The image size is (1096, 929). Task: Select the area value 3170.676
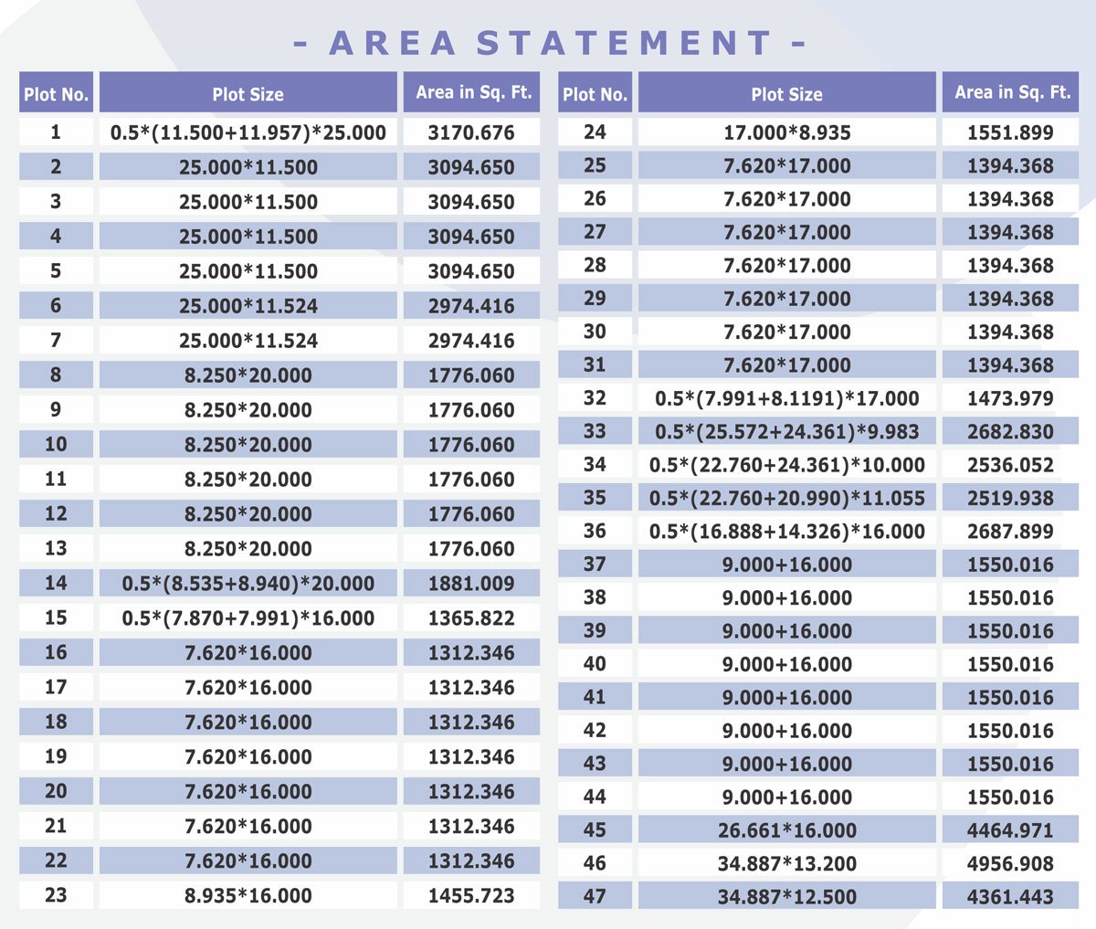(471, 132)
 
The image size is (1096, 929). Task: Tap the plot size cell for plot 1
(248, 132)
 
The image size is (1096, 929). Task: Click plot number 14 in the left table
(56, 583)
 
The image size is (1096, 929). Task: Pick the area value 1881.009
(471, 584)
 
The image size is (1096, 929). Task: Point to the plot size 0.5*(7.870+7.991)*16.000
(248, 618)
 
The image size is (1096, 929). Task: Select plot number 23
(56, 895)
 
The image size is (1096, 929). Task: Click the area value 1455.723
(471, 896)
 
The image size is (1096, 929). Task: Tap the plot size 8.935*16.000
(248, 896)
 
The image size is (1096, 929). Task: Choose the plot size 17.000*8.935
(786, 132)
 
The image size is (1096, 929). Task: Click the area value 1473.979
(1010, 398)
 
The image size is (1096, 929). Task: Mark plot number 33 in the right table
(595, 431)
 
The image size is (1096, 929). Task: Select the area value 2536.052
(1010, 465)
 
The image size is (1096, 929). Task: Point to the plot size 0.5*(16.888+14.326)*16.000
(786, 532)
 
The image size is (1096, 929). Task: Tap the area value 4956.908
(1010, 863)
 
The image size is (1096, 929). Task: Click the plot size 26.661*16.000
(786, 830)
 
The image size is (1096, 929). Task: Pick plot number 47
(595, 896)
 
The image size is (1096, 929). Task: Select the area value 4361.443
(1010, 897)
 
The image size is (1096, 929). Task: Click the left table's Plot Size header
(248, 93)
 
